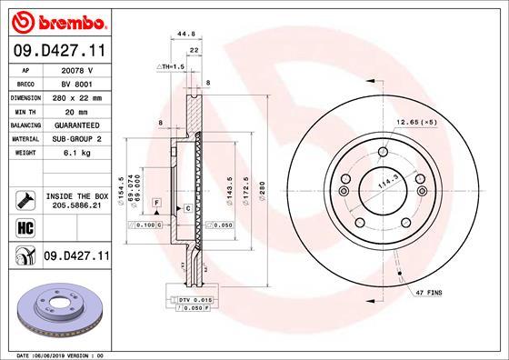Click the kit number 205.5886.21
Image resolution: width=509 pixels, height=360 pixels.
(x=76, y=205)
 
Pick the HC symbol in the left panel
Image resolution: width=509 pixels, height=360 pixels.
(x=25, y=227)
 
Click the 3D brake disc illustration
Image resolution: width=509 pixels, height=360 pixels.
(x=57, y=309)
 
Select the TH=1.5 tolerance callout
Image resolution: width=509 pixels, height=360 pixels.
(x=172, y=67)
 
